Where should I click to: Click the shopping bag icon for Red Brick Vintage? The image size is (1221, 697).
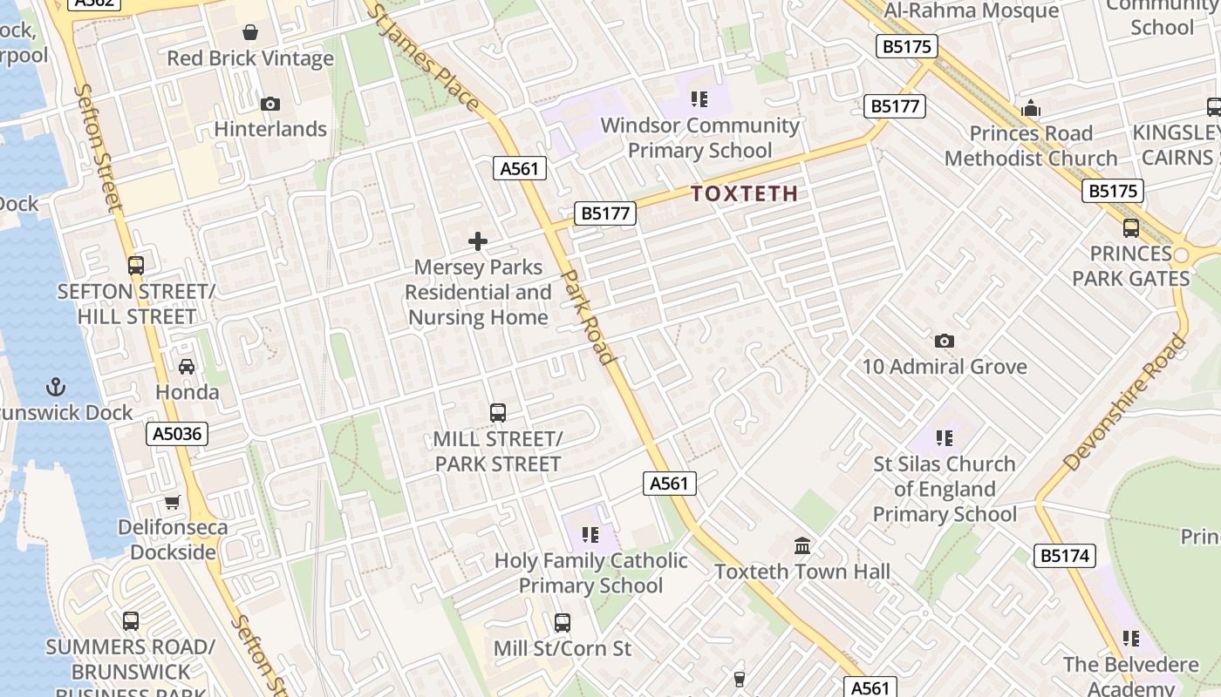click(x=250, y=32)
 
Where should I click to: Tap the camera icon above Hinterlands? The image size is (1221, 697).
click(x=270, y=104)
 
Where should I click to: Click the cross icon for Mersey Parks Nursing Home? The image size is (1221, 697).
click(x=478, y=241)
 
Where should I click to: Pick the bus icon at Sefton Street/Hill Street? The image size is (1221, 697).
click(x=135, y=265)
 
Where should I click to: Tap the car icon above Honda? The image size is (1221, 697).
click(x=187, y=367)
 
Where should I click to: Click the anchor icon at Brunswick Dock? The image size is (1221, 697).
click(x=56, y=386)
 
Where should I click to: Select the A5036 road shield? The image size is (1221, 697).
click(x=177, y=434)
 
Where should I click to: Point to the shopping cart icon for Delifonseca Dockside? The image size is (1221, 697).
click(x=173, y=502)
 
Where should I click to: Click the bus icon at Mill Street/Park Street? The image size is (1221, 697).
click(x=497, y=412)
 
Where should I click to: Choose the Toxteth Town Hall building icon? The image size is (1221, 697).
click(x=802, y=545)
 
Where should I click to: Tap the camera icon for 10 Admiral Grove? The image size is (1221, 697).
click(x=944, y=341)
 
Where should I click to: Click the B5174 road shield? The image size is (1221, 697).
click(x=1065, y=555)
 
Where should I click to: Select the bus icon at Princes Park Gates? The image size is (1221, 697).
click(x=1131, y=228)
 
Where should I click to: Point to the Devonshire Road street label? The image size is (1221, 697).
click(x=1125, y=402)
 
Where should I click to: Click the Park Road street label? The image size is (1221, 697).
click(x=589, y=316)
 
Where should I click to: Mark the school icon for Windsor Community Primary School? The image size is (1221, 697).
click(x=699, y=99)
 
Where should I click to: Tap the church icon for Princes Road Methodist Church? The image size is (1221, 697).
click(x=1031, y=108)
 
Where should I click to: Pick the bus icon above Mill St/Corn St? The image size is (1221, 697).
click(x=563, y=623)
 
